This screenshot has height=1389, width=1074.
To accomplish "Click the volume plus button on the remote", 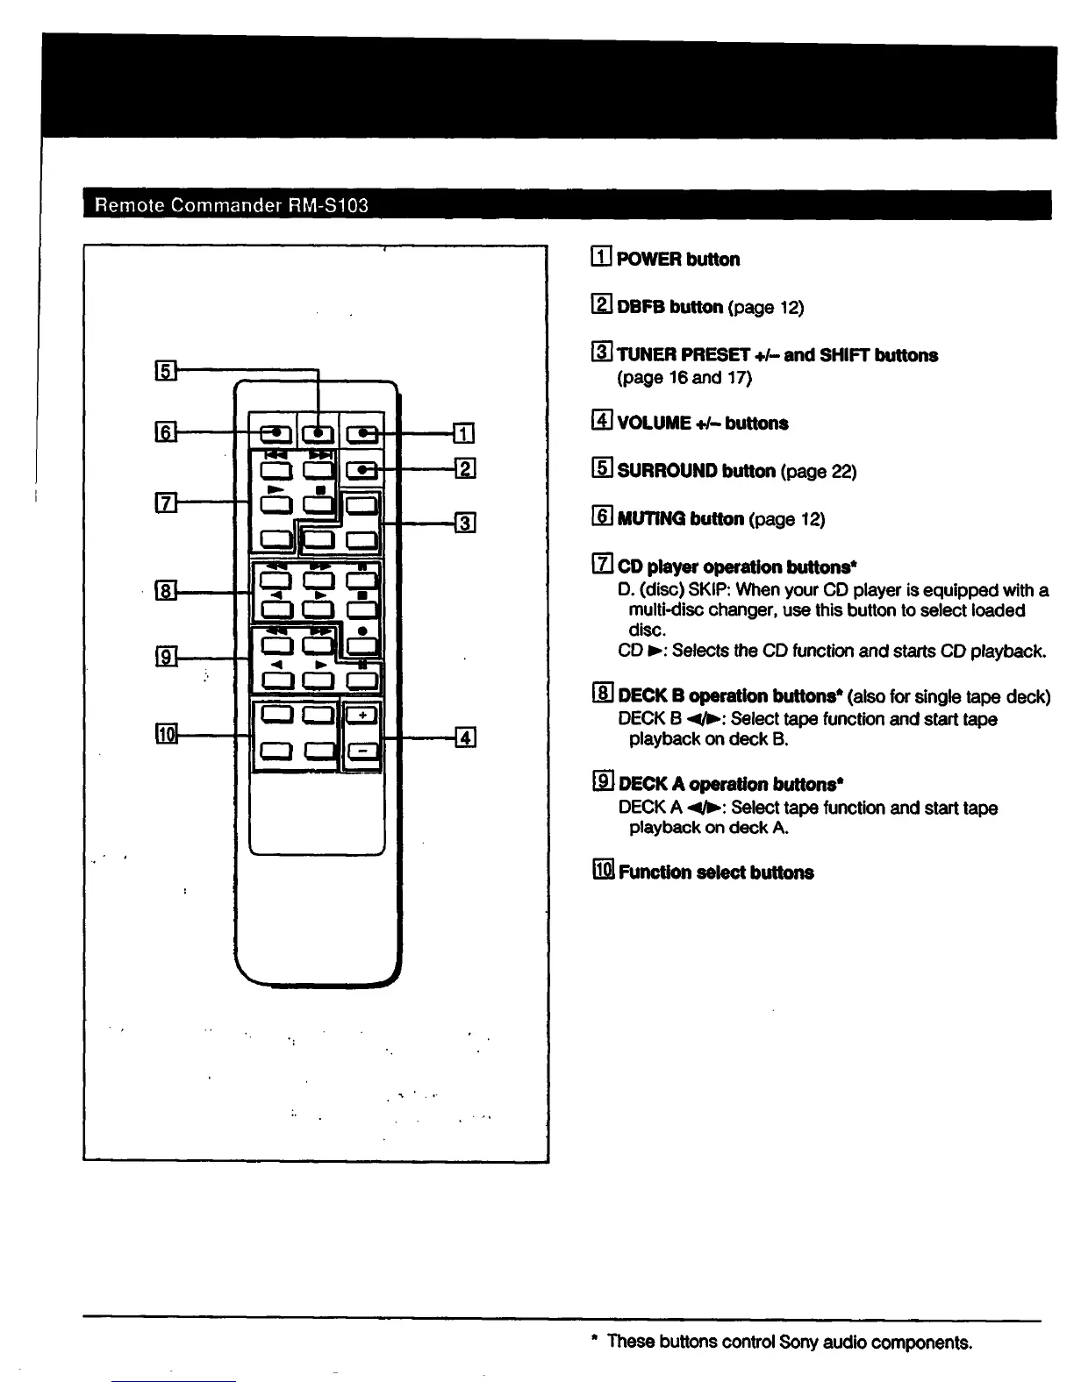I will [362, 715].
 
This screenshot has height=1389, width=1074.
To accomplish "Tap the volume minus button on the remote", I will [362, 750].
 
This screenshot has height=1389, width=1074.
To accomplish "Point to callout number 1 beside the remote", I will [464, 432].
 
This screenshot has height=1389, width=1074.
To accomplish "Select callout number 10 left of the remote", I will [166, 735].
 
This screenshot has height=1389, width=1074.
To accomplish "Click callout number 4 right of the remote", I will [466, 737].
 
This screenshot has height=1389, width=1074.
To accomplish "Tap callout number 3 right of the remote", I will [465, 524].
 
